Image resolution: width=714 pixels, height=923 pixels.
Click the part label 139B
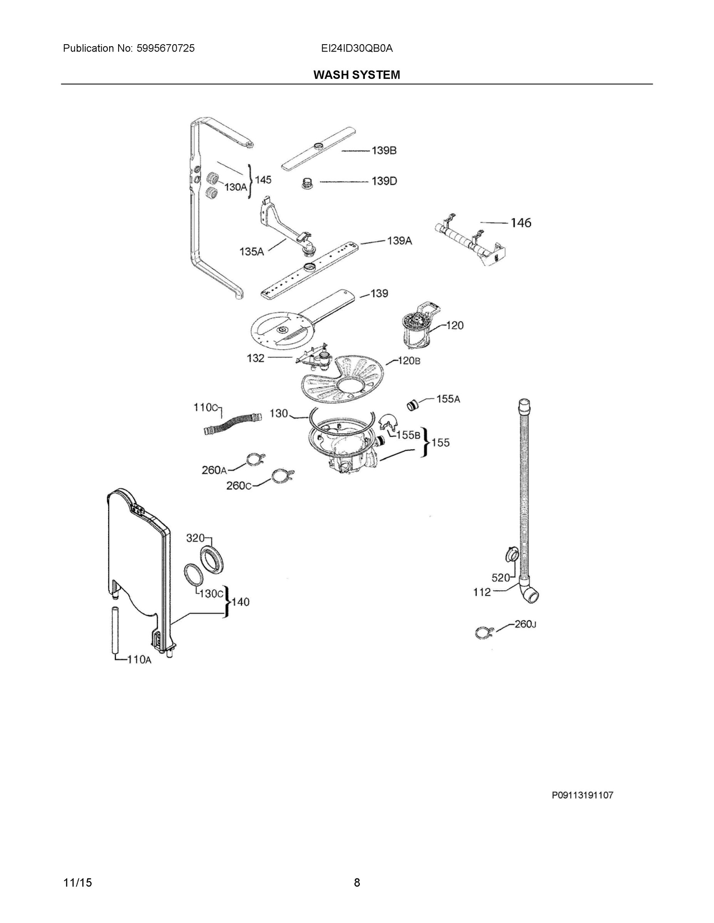point(384,150)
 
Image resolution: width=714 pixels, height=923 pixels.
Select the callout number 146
point(521,223)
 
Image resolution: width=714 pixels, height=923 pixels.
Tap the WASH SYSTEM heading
point(356,75)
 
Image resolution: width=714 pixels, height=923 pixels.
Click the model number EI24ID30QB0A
point(356,48)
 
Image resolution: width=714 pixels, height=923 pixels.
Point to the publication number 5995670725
point(166,48)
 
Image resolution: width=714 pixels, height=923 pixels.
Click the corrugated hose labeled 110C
point(232,423)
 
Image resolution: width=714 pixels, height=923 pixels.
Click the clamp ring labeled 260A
point(255,458)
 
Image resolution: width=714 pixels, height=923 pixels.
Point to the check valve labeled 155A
point(412,405)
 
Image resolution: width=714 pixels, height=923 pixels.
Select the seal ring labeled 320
point(212,560)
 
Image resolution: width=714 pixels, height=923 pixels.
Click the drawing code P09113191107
point(582,795)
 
